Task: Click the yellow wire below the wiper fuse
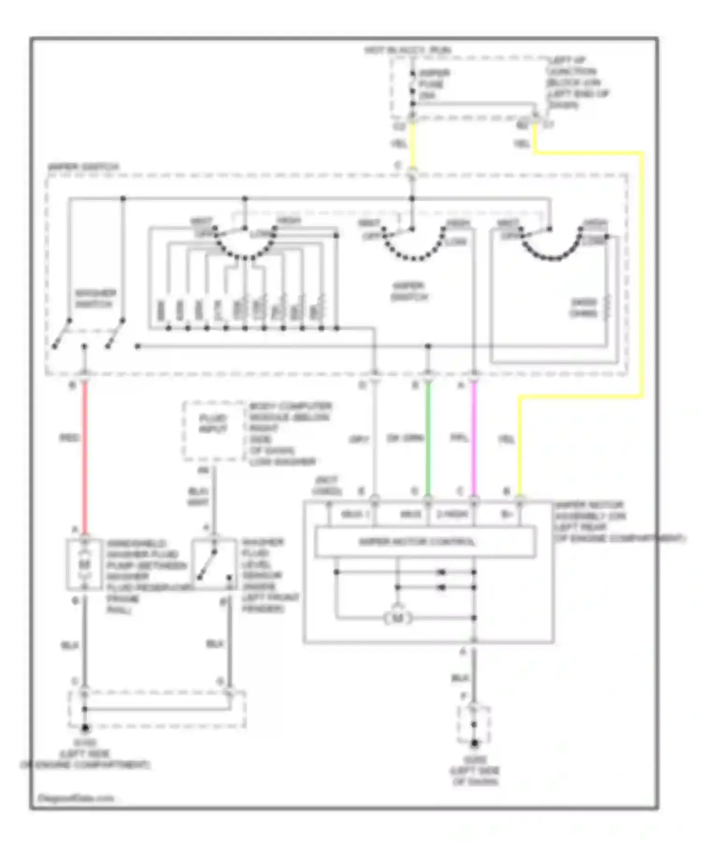click(412, 145)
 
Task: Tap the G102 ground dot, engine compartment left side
click(85, 727)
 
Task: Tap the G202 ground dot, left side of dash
click(474, 743)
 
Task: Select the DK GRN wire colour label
click(405, 438)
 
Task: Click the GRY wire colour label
click(359, 439)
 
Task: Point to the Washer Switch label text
click(95, 299)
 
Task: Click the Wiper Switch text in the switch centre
click(409, 291)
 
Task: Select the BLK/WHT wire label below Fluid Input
click(198, 497)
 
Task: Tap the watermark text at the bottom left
click(75, 798)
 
